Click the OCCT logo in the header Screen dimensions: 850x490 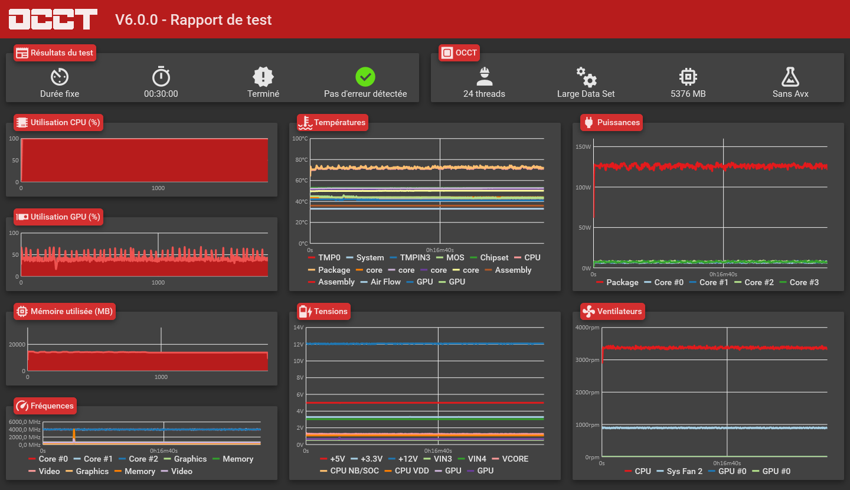coord(53,19)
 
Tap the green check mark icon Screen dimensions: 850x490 coord(365,77)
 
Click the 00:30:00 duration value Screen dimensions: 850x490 coord(161,94)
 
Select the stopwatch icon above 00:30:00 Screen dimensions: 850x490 coord(161,76)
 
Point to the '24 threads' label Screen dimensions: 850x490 coord(484,94)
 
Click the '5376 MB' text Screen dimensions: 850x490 coord(688,94)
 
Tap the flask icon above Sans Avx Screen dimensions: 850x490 coord(790,77)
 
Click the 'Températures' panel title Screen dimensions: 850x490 coord(339,122)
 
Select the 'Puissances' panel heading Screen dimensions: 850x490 coord(618,122)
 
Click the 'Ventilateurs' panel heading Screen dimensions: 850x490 coord(619,311)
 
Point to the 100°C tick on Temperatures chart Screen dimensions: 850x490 coord(300,139)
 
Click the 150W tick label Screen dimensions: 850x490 coord(583,146)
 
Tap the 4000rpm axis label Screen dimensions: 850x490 coord(587,327)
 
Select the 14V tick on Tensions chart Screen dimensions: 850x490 coord(299,327)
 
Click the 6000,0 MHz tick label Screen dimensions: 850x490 coord(25,422)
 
